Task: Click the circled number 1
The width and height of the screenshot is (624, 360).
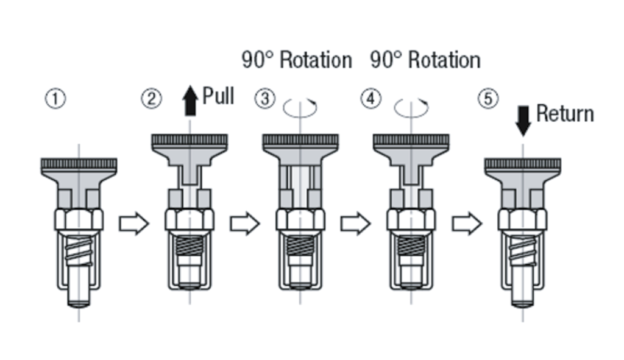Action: coord(56,99)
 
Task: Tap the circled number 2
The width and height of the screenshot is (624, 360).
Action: coord(152,99)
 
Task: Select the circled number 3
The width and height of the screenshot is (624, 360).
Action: coord(264,99)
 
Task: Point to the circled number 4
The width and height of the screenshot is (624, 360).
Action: coord(371,99)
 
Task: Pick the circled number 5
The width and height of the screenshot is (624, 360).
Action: coord(487,99)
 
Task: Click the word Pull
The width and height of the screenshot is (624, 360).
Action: coord(218,96)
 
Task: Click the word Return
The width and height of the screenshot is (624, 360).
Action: coord(565,114)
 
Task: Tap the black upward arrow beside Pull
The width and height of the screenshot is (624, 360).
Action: coord(190,101)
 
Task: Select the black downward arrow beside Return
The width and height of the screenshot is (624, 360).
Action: coord(523,119)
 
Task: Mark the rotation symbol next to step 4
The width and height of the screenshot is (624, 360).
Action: coord(411,108)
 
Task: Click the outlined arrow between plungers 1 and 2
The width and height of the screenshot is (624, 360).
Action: coord(133,224)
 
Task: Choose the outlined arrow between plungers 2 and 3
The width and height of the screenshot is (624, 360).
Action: coord(244,224)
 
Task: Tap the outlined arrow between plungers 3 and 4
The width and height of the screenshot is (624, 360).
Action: coord(355,224)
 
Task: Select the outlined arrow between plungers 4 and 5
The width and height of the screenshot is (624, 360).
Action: coord(466,224)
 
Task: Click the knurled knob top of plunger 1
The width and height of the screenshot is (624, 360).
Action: coord(79,163)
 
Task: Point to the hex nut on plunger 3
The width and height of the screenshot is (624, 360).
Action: coord(300,219)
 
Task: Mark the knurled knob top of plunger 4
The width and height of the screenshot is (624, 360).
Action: coord(411,139)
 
